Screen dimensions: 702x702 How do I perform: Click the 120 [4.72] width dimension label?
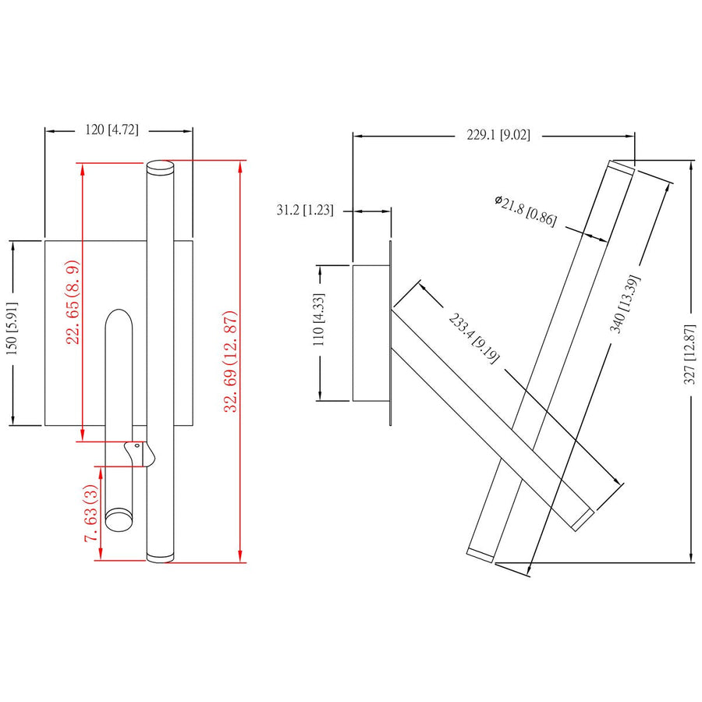pos(112,130)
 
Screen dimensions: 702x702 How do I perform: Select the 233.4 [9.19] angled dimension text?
pos(473,336)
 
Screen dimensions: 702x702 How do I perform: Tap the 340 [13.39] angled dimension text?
pos(626,303)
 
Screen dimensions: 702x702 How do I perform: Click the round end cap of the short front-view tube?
pos(119,519)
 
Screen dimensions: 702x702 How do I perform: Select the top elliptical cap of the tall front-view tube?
pos(160,165)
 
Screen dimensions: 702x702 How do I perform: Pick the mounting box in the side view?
pos(370,333)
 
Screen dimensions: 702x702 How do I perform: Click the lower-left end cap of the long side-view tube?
pos(480,552)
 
